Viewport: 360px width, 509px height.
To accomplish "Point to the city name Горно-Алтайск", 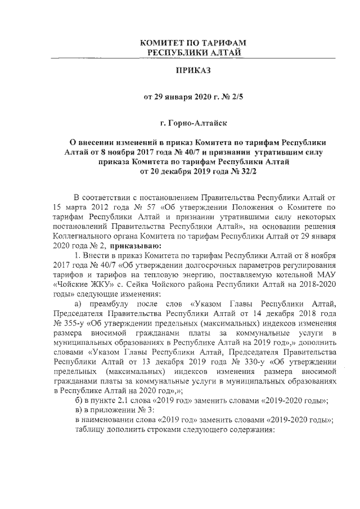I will tap(199, 121).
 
